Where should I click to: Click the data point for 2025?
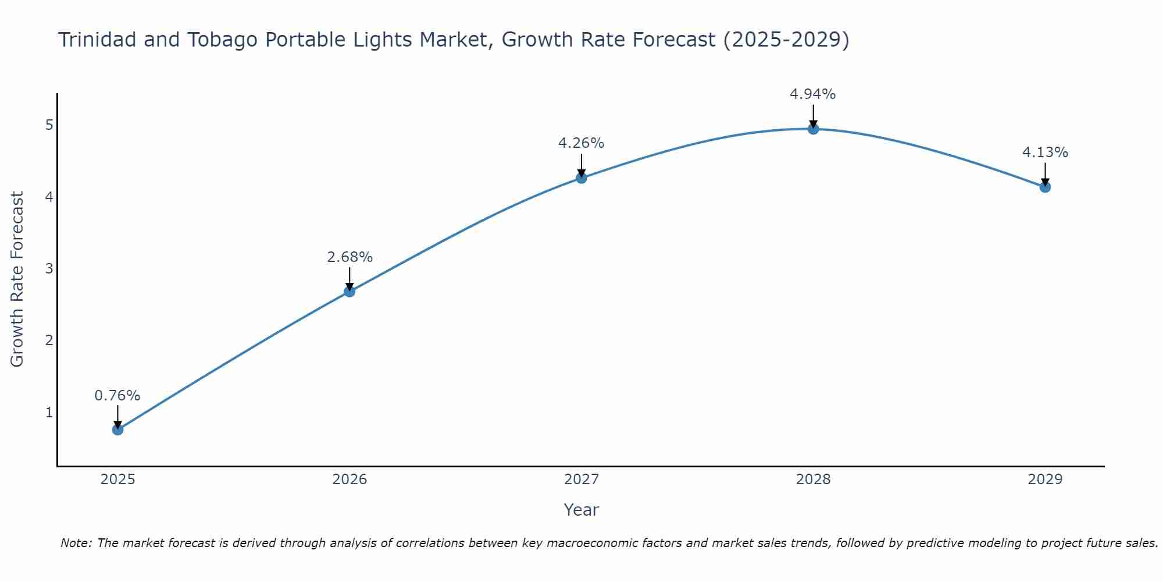pyautogui.click(x=117, y=430)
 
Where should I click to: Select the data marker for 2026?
pyautogui.click(x=349, y=291)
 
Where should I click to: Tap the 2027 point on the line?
pyautogui.click(x=581, y=178)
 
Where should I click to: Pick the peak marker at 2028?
pyautogui.click(x=813, y=129)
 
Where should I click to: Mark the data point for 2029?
pyautogui.click(x=1045, y=187)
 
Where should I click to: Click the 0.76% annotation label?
pyautogui.click(x=117, y=396)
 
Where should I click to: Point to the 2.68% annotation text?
pyautogui.click(x=349, y=257)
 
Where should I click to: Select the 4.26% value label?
pyautogui.click(x=581, y=143)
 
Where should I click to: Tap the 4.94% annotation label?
pyautogui.click(x=813, y=94)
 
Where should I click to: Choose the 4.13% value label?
pyautogui.click(x=1045, y=152)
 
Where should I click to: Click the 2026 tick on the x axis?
pyautogui.click(x=349, y=480)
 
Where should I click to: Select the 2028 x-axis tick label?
pyautogui.click(x=813, y=480)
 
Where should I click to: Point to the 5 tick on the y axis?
pyautogui.click(x=49, y=125)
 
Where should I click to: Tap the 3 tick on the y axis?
pyautogui.click(x=49, y=268)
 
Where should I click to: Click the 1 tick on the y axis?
pyautogui.click(x=49, y=412)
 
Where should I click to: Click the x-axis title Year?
pyautogui.click(x=581, y=510)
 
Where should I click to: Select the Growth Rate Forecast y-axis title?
pyautogui.click(x=17, y=279)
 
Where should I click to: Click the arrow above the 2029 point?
pyautogui.click(x=1045, y=173)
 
